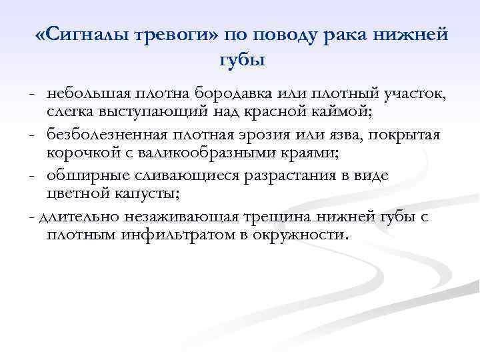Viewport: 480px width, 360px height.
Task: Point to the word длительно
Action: pyautogui.click(x=75, y=217)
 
